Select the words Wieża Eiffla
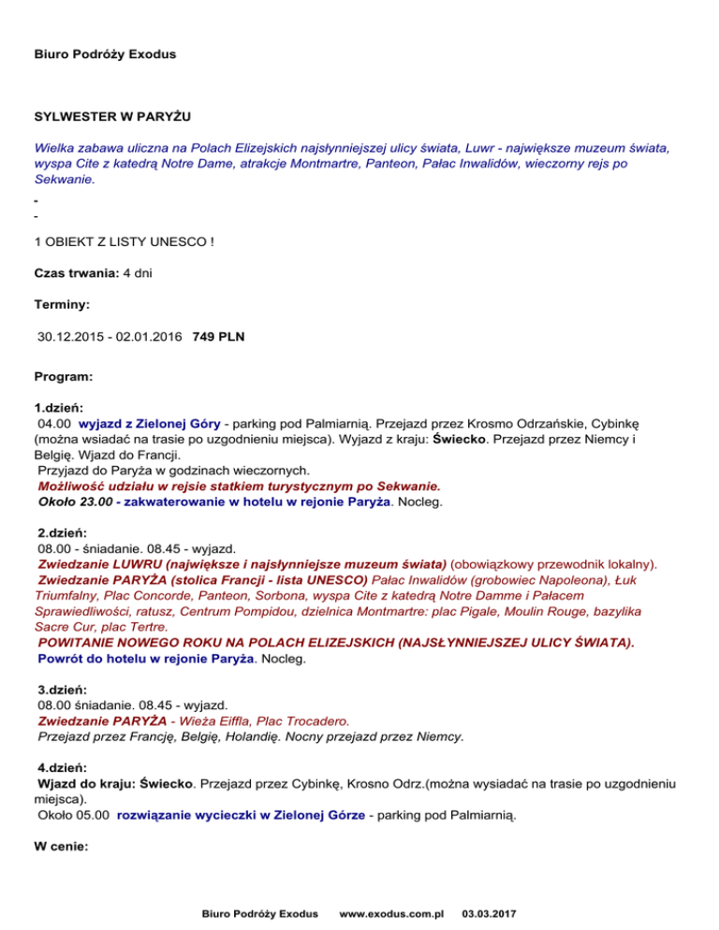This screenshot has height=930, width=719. pos(211,721)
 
